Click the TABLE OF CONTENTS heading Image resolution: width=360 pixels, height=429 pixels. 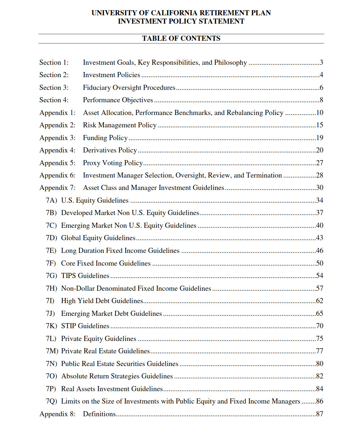tap(181, 38)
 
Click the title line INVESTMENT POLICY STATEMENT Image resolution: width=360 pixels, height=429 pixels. tap(181, 21)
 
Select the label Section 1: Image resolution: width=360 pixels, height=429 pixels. tap(54, 63)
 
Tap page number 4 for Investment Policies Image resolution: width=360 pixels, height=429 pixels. tap(321, 75)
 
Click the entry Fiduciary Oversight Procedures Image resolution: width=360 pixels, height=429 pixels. tap(129, 88)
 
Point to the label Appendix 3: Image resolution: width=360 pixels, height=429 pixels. tap(58, 138)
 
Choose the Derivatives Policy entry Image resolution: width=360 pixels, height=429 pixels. tap(110, 150)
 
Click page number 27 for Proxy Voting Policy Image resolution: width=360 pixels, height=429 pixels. tap(319, 163)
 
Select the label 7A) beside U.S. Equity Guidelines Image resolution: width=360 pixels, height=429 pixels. tap(51, 200)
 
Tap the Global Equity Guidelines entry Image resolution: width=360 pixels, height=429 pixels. tap(98, 238)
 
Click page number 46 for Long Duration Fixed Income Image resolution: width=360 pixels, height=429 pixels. tap(319, 251)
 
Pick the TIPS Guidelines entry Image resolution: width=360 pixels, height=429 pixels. tap(85, 276)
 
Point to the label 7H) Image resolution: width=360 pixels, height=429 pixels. tap(51, 289)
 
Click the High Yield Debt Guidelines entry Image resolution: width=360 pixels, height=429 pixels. tap(102, 301)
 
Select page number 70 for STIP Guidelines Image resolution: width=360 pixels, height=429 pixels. tap(319, 326)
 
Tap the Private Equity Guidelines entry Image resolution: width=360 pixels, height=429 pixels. tap(99, 339)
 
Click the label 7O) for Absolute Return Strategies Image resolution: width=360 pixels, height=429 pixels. tap(51, 376)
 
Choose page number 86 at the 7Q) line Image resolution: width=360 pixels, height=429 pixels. tap(319, 401)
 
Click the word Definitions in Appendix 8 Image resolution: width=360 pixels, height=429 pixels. tap(99, 414)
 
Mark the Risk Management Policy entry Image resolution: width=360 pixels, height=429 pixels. tap(119, 125)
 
